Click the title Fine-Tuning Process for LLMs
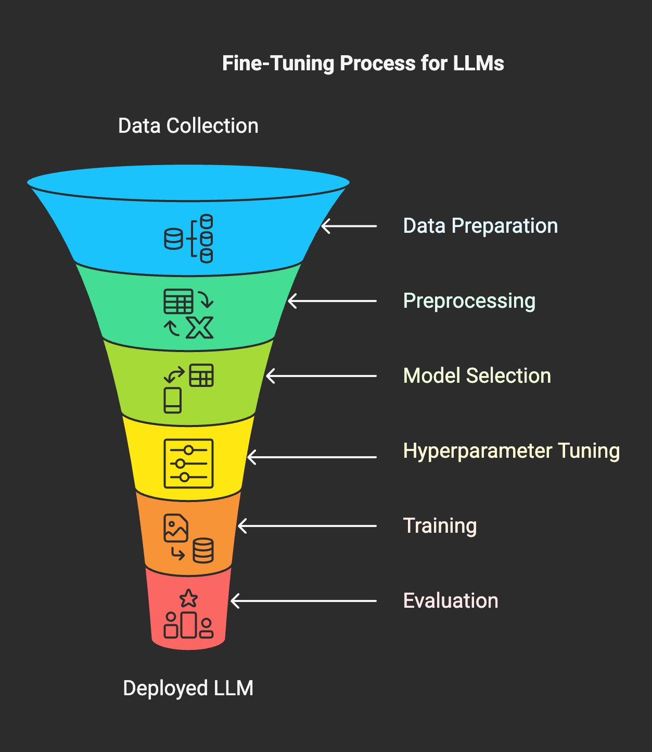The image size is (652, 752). pos(363,64)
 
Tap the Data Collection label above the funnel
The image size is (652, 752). pos(188,126)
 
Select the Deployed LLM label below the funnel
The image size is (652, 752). pos(188,688)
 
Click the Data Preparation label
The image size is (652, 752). pos(480,226)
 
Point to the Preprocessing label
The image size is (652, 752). pos(469,301)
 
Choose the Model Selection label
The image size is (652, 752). pos(477,376)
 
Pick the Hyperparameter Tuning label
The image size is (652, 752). pos(511,451)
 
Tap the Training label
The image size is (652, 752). pos(440,526)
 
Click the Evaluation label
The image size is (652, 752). pos(451,601)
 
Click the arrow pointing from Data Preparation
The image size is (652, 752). pos(349,226)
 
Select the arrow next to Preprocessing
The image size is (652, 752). pos(332,301)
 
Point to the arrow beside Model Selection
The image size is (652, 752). pos(321,376)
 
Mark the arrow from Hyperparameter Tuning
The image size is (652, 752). pos(312,457)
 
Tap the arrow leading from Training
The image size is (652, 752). pos(307,526)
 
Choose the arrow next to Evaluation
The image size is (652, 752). pos(303,601)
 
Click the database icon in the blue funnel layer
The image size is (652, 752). pos(188,239)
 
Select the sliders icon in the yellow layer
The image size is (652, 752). pos(188,463)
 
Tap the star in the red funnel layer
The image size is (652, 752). pos(188,598)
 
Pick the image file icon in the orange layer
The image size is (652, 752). pos(176,528)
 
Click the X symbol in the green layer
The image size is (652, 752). pos(200,328)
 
